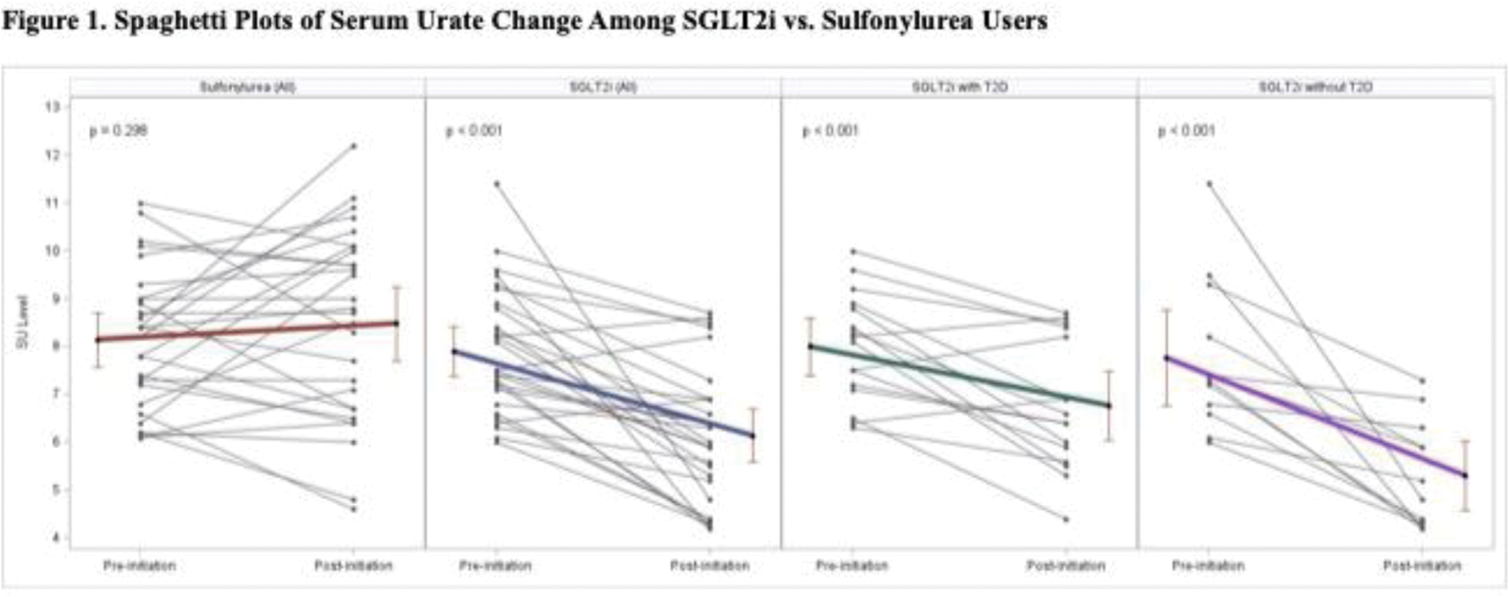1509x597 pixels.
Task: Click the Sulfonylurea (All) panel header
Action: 247,87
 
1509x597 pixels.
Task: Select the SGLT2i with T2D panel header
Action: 960,87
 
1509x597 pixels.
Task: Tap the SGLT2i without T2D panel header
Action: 1315,87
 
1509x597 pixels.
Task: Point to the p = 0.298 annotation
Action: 119,130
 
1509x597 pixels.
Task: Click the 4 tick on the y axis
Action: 55,538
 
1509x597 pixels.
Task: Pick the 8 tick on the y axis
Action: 55,346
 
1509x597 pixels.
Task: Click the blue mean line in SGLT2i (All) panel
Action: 604,394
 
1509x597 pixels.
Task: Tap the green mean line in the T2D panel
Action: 960,376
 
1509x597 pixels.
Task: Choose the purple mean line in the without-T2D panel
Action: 1315,414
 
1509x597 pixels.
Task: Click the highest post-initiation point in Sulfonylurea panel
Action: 354,146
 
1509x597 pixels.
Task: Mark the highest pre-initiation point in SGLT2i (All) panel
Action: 496,183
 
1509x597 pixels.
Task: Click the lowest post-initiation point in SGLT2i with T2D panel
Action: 1066,519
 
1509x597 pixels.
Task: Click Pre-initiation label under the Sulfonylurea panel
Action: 140,565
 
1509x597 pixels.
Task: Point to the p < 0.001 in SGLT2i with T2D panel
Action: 830,130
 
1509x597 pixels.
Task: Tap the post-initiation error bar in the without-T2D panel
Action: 1465,476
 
